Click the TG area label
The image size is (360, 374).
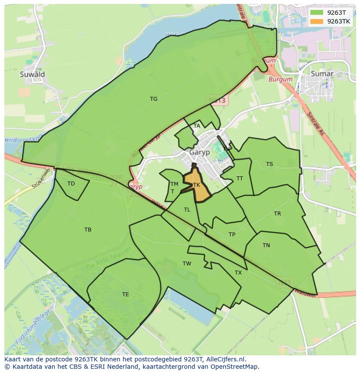[x=153, y=99]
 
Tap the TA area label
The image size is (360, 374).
[x=197, y=126]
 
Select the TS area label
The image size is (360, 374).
[x=270, y=164]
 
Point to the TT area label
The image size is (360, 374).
[x=240, y=179]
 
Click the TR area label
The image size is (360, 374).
[x=277, y=214]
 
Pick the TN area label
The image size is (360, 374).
[x=266, y=245]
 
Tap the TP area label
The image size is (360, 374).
[x=232, y=235]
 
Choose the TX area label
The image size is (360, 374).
[x=238, y=273]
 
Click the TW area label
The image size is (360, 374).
[x=187, y=264]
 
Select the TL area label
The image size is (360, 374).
[x=187, y=210]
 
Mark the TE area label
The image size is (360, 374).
[x=126, y=295]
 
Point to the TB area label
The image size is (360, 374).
[x=88, y=230]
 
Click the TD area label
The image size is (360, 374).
[x=71, y=184]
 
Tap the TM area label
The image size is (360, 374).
[x=174, y=185]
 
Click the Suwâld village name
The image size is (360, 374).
[x=32, y=74]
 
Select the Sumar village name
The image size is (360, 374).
[x=322, y=74]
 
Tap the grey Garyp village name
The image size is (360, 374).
[x=200, y=153]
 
